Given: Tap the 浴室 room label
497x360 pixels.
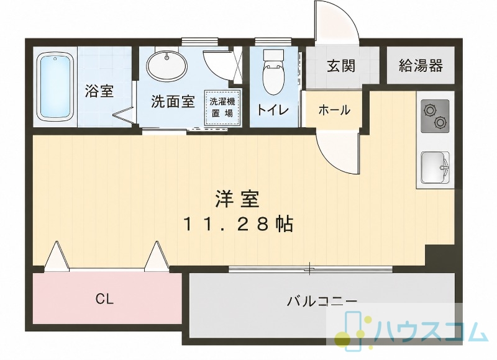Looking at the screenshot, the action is (x=99, y=91).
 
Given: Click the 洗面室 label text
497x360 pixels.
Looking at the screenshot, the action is (x=173, y=102).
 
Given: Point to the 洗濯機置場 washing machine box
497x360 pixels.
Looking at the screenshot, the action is (x=222, y=107).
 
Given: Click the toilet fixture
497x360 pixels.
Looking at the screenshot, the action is (x=273, y=73).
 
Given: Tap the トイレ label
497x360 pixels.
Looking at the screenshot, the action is (x=272, y=110).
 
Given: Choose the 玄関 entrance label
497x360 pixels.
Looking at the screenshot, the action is (x=341, y=66).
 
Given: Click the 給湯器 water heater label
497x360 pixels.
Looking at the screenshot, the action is (x=421, y=66).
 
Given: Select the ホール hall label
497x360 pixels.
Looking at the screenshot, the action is (x=334, y=110).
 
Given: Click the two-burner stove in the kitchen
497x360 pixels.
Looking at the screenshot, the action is (x=435, y=116).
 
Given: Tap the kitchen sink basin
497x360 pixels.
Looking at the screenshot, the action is (x=435, y=167).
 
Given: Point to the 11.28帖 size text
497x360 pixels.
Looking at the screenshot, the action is (x=238, y=224).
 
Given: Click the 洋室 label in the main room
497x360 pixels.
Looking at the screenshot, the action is (x=237, y=199).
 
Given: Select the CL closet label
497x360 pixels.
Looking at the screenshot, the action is (x=104, y=299).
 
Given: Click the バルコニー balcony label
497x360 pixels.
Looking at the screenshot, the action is (x=322, y=301).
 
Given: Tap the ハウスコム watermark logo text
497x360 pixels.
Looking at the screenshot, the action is (x=430, y=333).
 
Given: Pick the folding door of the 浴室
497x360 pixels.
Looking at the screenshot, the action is (x=124, y=115).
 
